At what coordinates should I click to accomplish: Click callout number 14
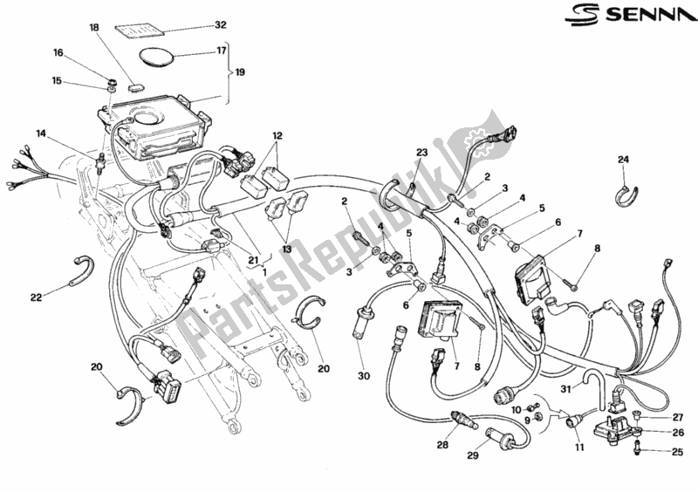click(41, 133)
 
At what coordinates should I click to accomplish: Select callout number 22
click(36, 297)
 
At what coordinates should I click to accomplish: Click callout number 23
click(421, 153)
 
